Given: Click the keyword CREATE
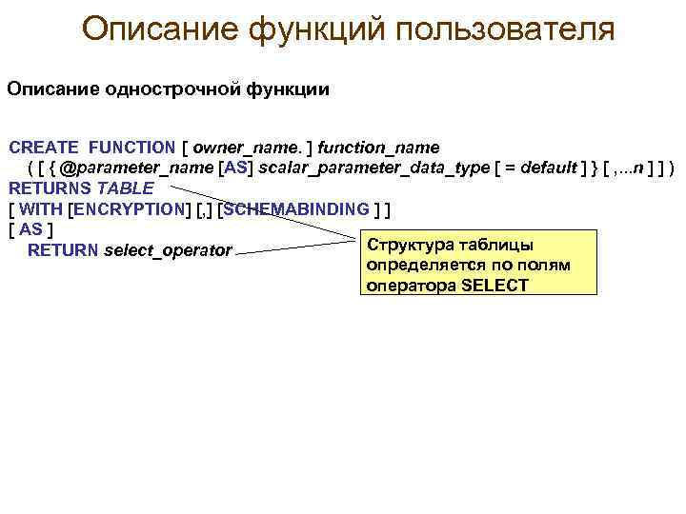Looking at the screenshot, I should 44,148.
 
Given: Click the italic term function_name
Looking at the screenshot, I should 378,148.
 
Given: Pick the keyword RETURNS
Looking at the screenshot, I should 50,188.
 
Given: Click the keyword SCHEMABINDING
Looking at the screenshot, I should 296,209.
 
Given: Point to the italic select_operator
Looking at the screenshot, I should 168,251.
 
